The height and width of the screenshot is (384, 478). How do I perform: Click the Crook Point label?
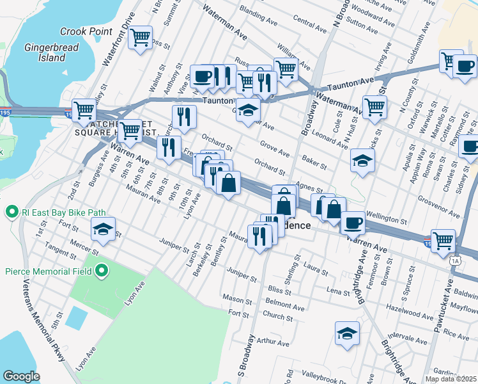point(86,31)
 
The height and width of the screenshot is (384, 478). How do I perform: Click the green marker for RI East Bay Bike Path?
point(12,211)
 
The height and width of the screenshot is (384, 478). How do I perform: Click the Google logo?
point(21,376)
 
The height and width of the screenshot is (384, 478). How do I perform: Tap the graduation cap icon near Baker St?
point(362,161)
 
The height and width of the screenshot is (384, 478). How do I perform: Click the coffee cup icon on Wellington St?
point(352,223)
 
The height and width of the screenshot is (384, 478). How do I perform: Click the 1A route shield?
point(455,260)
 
